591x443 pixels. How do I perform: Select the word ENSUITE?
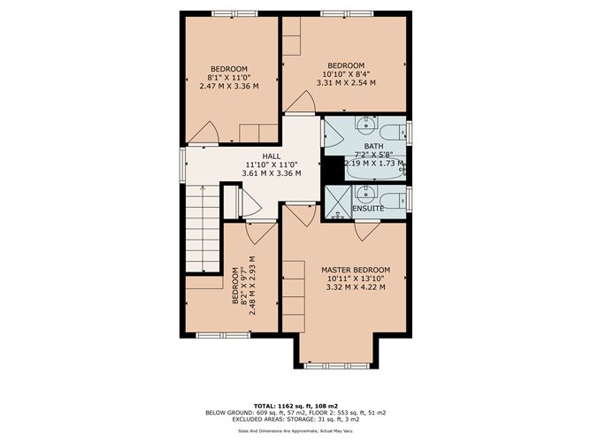point(368,208)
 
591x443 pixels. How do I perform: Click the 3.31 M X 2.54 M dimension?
point(345,83)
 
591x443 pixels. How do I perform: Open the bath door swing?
point(333,134)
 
